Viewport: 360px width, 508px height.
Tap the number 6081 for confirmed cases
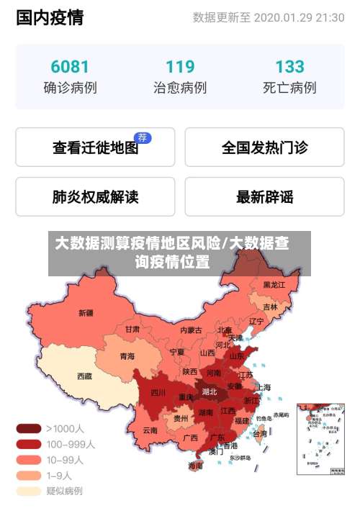(x=70, y=67)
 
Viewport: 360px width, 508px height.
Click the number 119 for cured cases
(x=180, y=67)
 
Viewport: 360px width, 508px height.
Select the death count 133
(x=289, y=67)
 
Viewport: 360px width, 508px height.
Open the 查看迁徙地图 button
(x=95, y=148)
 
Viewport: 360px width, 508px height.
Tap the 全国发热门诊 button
(x=264, y=148)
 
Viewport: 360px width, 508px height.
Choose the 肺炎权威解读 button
(x=95, y=196)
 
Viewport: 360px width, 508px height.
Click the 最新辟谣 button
(x=264, y=196)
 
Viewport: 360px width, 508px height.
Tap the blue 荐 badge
(x=143, y=137)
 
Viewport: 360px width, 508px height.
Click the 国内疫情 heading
(x=50, y=17)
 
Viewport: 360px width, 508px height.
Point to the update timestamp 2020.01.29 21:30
(x=299, y=18)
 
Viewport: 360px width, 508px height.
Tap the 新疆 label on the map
(x=86, y=312)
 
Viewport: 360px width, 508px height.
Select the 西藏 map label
(x=84, y=376)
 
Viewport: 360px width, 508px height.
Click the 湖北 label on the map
(x=210, y=392)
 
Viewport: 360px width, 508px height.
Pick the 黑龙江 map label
(x=274, y=285)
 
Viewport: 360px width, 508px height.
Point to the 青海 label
(x=127, y=355)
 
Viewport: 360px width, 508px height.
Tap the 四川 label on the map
(x=158, y=393)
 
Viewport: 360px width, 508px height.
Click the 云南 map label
(x=150, y=430)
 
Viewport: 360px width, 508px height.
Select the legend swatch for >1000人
(x=29, y=428)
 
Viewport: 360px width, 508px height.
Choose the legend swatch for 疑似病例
(x=29, y=491)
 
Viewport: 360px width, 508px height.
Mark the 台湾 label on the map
(x=259, y=434)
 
